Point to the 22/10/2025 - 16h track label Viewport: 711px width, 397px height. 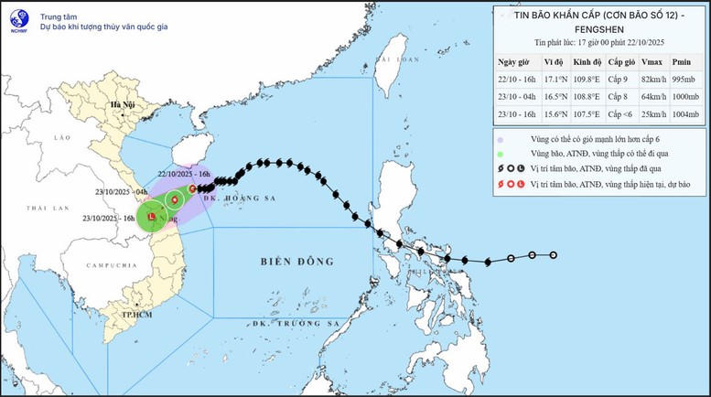(184, 175)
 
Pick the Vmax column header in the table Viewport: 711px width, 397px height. (651, 61)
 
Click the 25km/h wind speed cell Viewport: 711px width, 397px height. (652, 114)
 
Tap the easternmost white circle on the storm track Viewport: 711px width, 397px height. (554, 256)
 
